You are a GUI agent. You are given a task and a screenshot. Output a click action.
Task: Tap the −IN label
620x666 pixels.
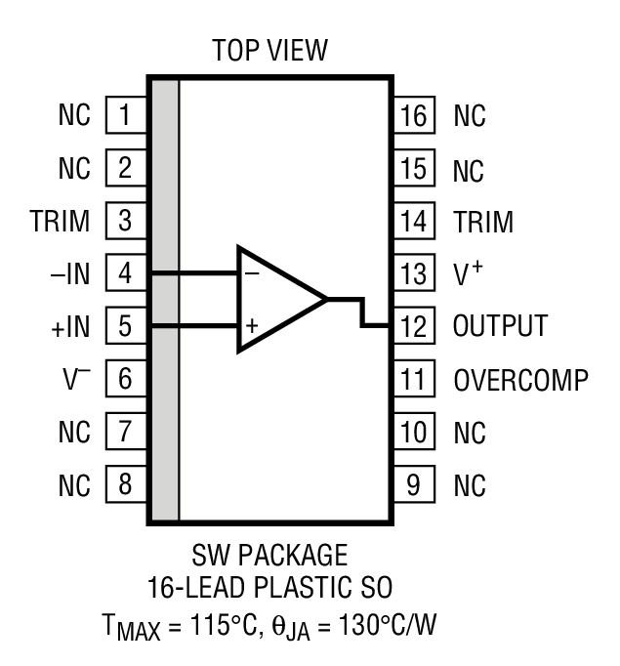click(x=69, y=274)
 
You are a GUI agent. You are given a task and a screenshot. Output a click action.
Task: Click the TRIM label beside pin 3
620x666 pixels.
click(x=60, y=222)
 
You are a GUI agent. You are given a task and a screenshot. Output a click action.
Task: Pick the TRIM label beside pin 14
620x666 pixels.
click(x=483, y=222)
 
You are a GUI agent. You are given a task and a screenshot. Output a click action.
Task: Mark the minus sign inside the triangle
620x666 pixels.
click(x=251, y=274)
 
